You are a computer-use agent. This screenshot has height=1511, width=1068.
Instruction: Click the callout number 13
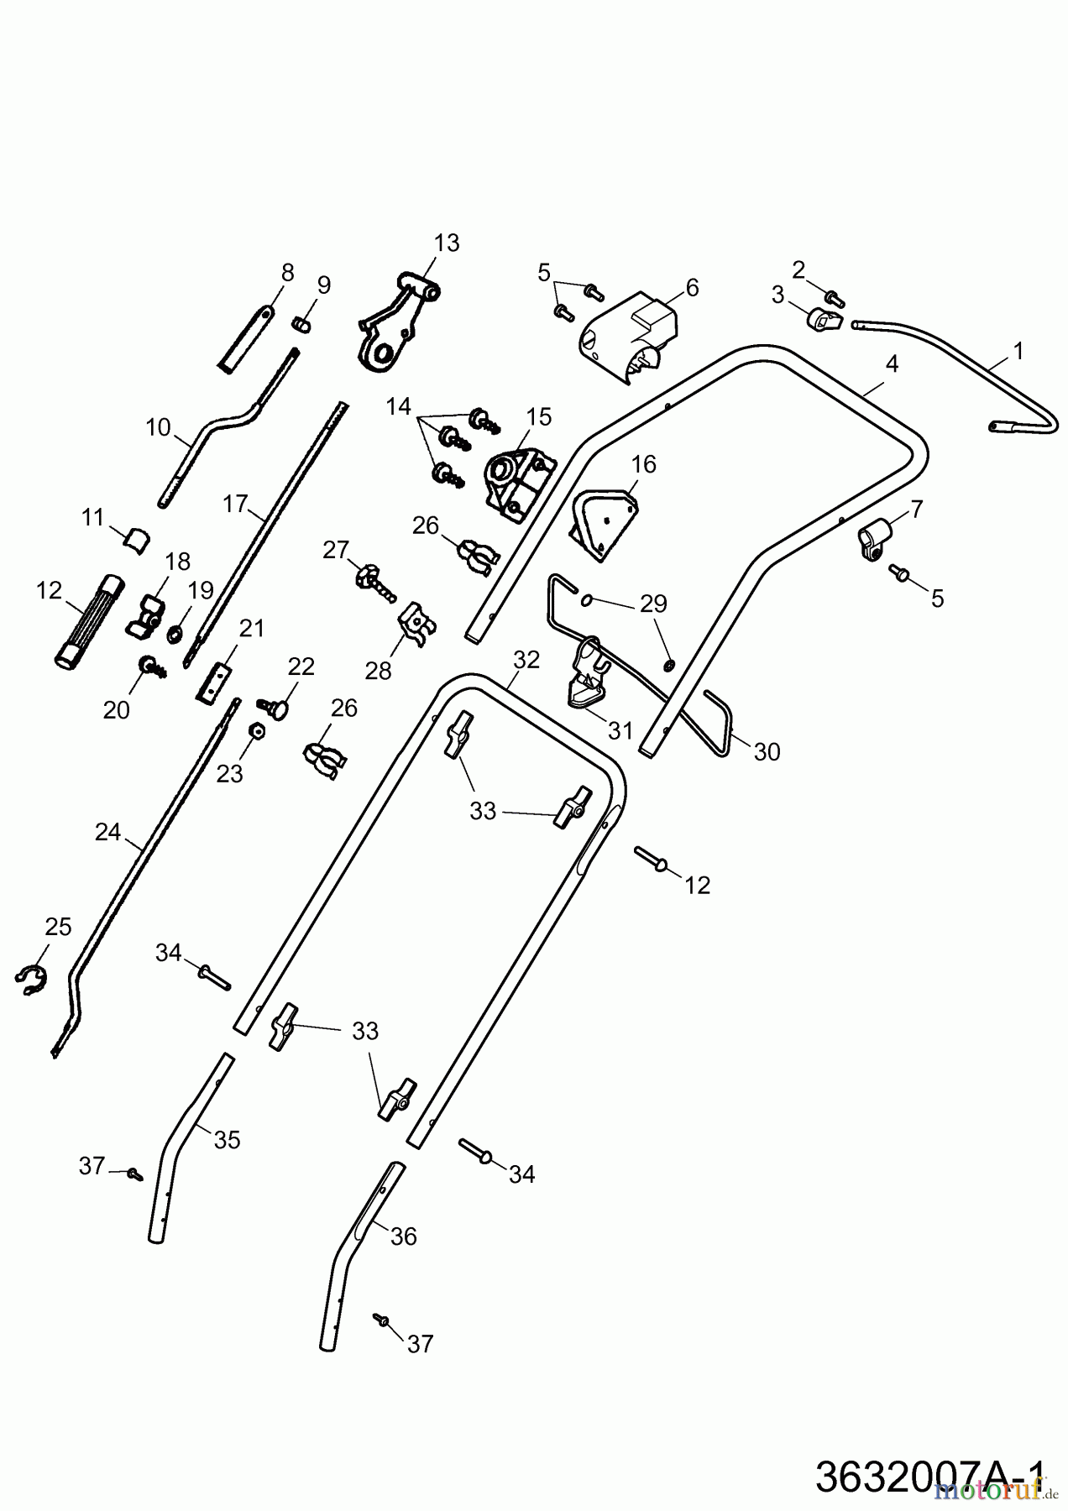click(x=447, y=243)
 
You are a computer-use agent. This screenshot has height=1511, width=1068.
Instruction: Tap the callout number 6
click(x=692, y=288)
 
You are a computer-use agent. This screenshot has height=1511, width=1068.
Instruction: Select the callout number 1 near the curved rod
click(x=1018, y=351)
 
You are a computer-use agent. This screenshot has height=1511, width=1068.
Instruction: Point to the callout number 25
click(x=58, y=927)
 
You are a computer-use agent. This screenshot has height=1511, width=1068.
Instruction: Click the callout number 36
click(x=404, y=1237)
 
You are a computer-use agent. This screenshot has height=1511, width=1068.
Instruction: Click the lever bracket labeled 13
click(x=395, y=323)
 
